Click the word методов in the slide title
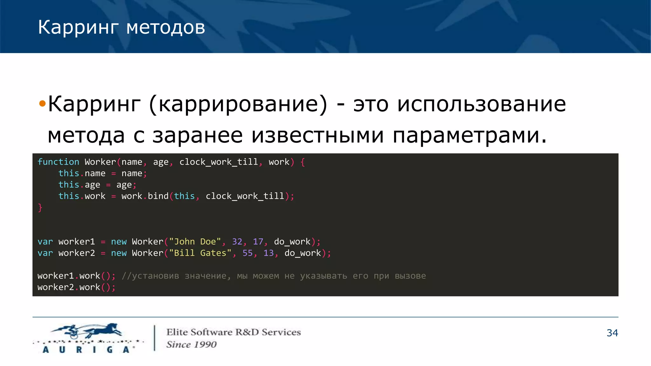pyautogui.click(x=166, y=28)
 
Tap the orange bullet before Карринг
pyautogui.click(x=42, y=103)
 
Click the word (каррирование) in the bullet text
pyautogui.click(x=238, y=104)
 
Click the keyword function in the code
pyautogui.click(x=58, y=162)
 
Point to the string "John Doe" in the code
pyautogui.click(x=195, y=242)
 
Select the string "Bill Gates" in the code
pyautogui.click(x=200, y=253)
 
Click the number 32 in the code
pyautogui.click(x=237, y=242)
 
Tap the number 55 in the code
pyautogui.click(x=248, y=253)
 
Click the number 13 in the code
pyautogui.click(x=269, y=253)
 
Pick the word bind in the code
pyautogui.click(x=158, y=196)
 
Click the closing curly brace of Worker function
pyautogui.click(x=40, y=207)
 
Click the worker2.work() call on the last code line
pyautogui.click(x=76, y=288)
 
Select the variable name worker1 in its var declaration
pyautogui.click(x=77, y=242)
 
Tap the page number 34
pyautogui.click(x=612, y=333)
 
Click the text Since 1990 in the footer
pyautogui.click(x=191, y=345)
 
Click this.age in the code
pyautogui.click(x=79, y=185)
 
